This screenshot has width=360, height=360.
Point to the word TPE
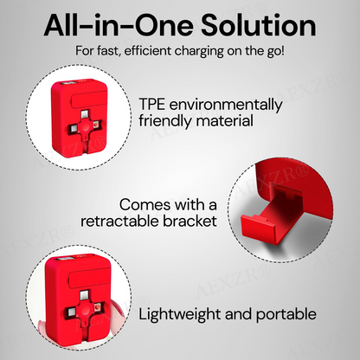point(153,104)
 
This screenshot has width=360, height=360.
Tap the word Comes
point(145,204)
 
